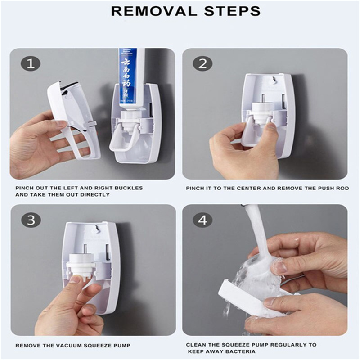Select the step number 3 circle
(x=31, y=220)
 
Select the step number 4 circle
(x=202, y=220)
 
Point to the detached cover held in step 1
(x=72, y=112)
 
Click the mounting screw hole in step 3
(x=95, y=230)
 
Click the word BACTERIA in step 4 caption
(x=240, y=351)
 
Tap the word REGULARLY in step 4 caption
(x=286, y=345)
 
